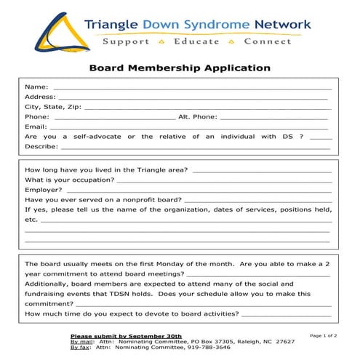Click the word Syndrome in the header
pos(205,25)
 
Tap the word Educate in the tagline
pos(196,41)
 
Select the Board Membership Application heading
pos(180,68)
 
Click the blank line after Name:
pos(189,87)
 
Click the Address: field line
pos(193,97)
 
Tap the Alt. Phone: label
pos(197,116)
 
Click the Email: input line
pos(189,127)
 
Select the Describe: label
pos(41,146)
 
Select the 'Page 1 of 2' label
pos(324,336)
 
